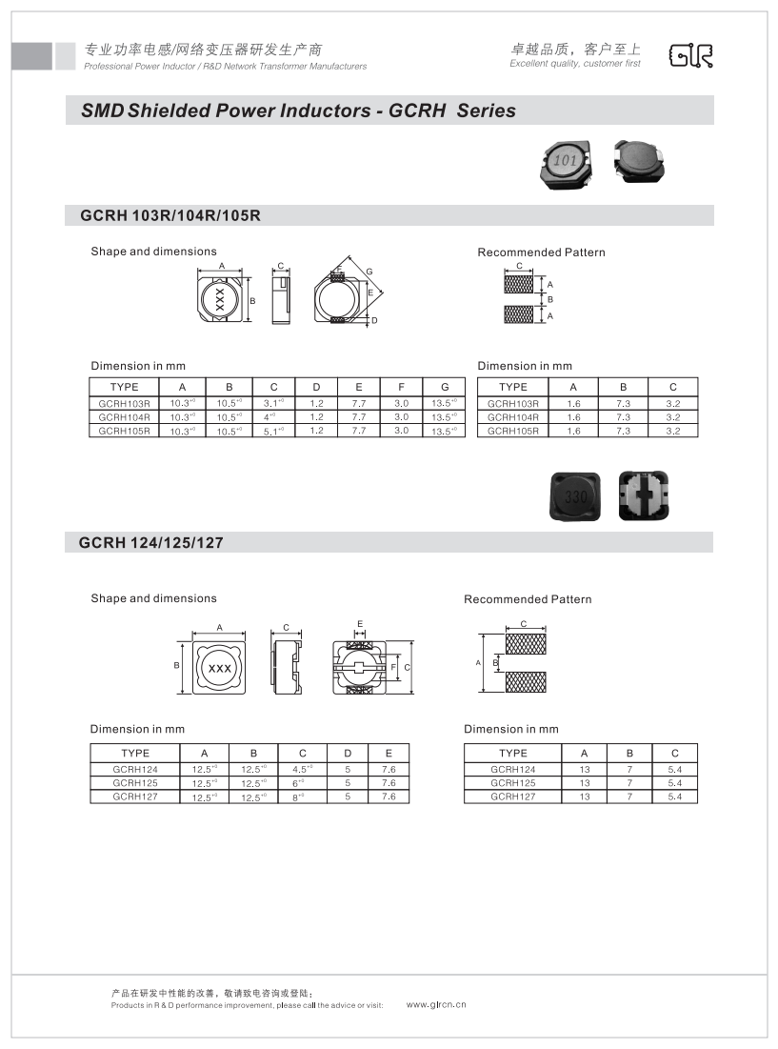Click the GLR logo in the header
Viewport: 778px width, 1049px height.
click(692, 56)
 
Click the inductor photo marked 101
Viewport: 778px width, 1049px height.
click(565, 161)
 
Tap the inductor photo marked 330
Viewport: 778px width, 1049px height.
click(575, 495)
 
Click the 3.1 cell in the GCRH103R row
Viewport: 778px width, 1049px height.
click(273, 403)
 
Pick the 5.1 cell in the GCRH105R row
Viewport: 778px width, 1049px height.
click(273, 431)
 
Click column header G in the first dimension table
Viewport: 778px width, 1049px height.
click(445, 387)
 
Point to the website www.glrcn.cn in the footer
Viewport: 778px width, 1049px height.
click(436, 1005)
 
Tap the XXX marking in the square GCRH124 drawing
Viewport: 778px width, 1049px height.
click(220, 669)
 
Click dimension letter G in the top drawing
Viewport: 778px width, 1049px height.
click(369, 272)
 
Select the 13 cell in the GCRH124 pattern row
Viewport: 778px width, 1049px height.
click(584, 770)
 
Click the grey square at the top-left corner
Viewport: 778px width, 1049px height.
click(31, 56)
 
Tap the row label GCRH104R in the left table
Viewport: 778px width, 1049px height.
click(125, 417)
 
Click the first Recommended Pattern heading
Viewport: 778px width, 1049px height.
click(541, 252)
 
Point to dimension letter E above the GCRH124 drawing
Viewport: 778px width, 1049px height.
click(360, 624)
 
